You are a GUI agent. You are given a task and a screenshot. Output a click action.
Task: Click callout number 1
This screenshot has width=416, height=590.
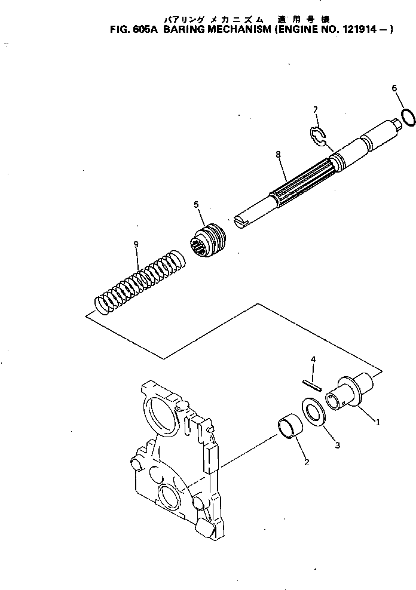pos(377,422)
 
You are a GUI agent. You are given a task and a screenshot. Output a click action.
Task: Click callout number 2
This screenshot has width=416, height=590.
pos(306,462)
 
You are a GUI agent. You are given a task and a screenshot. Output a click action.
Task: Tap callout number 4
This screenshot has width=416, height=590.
pos(312,359)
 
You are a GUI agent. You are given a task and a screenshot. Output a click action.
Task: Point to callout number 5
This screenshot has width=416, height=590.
pos(196,205)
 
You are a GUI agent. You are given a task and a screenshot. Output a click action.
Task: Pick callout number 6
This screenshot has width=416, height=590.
pos(394,88)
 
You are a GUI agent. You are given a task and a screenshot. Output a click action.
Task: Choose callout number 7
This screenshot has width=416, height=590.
pos(315,110)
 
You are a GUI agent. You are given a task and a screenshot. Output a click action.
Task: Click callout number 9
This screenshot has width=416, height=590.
pos(137,244)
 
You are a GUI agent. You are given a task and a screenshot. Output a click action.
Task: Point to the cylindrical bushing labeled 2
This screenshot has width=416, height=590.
pos(290,431)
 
